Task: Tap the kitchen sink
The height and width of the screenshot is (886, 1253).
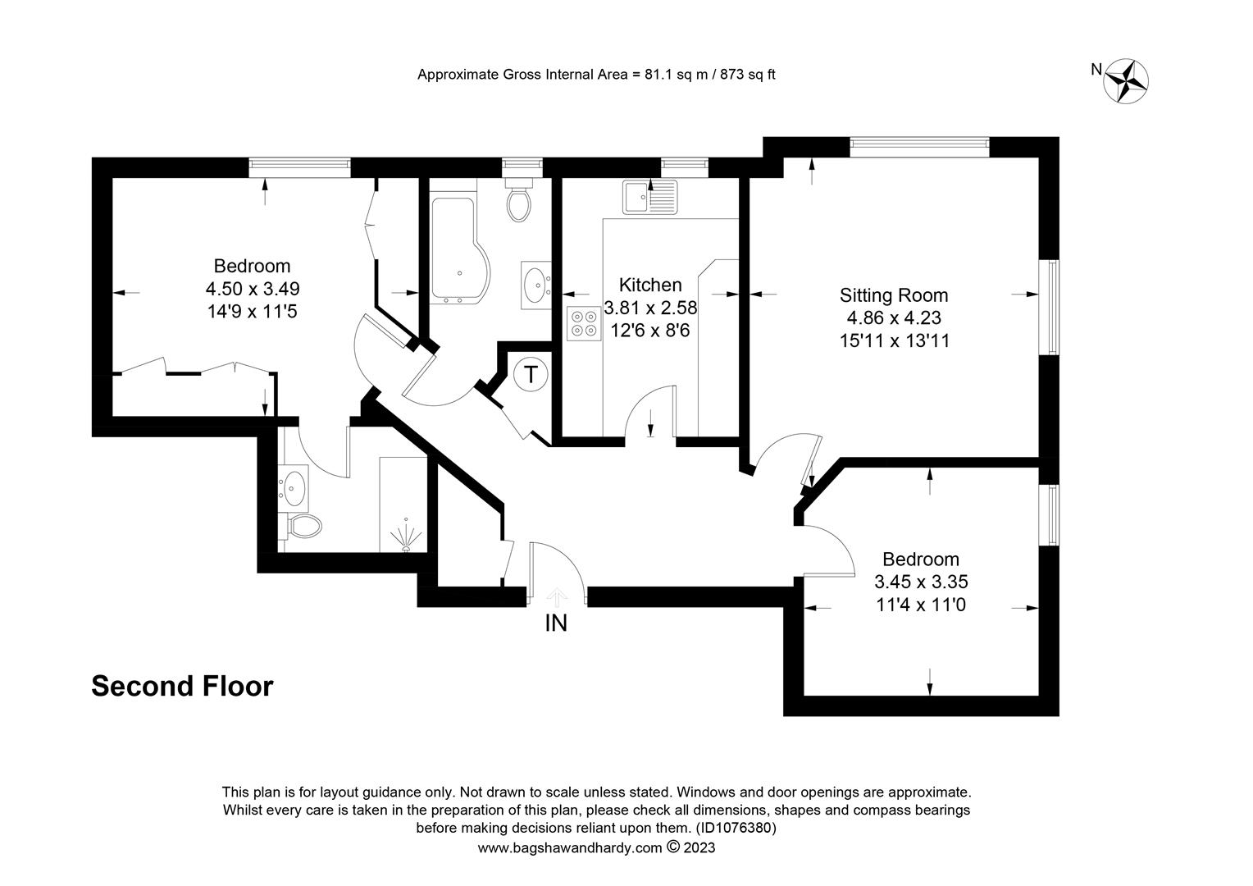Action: (x=649, y=197)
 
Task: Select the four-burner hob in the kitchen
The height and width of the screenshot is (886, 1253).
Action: (x=583, y=323)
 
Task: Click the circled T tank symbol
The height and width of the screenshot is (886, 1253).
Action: (x=531, y=374)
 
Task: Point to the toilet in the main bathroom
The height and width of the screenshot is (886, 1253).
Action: (x=519, y=200)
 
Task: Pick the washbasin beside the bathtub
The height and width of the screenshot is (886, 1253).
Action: (x=535, y=285)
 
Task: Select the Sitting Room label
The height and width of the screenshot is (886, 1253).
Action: (x=893, y=295)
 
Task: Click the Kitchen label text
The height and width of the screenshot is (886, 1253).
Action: (x=650, y=285)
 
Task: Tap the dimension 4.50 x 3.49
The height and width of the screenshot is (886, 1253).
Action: (x=253, y=289)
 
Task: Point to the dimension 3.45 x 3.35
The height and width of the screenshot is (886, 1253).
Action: (x=921, y=582)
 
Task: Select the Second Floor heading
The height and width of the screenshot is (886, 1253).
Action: (x=182, y=686)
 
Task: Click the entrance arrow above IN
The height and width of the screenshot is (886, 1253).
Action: (x=556, y=597)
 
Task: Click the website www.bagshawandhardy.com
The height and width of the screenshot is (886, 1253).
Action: (x=570, y=847)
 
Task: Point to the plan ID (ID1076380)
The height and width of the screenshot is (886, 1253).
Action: (x=736, y=827)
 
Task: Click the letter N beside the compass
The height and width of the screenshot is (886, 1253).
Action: (x=1096, y=70)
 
